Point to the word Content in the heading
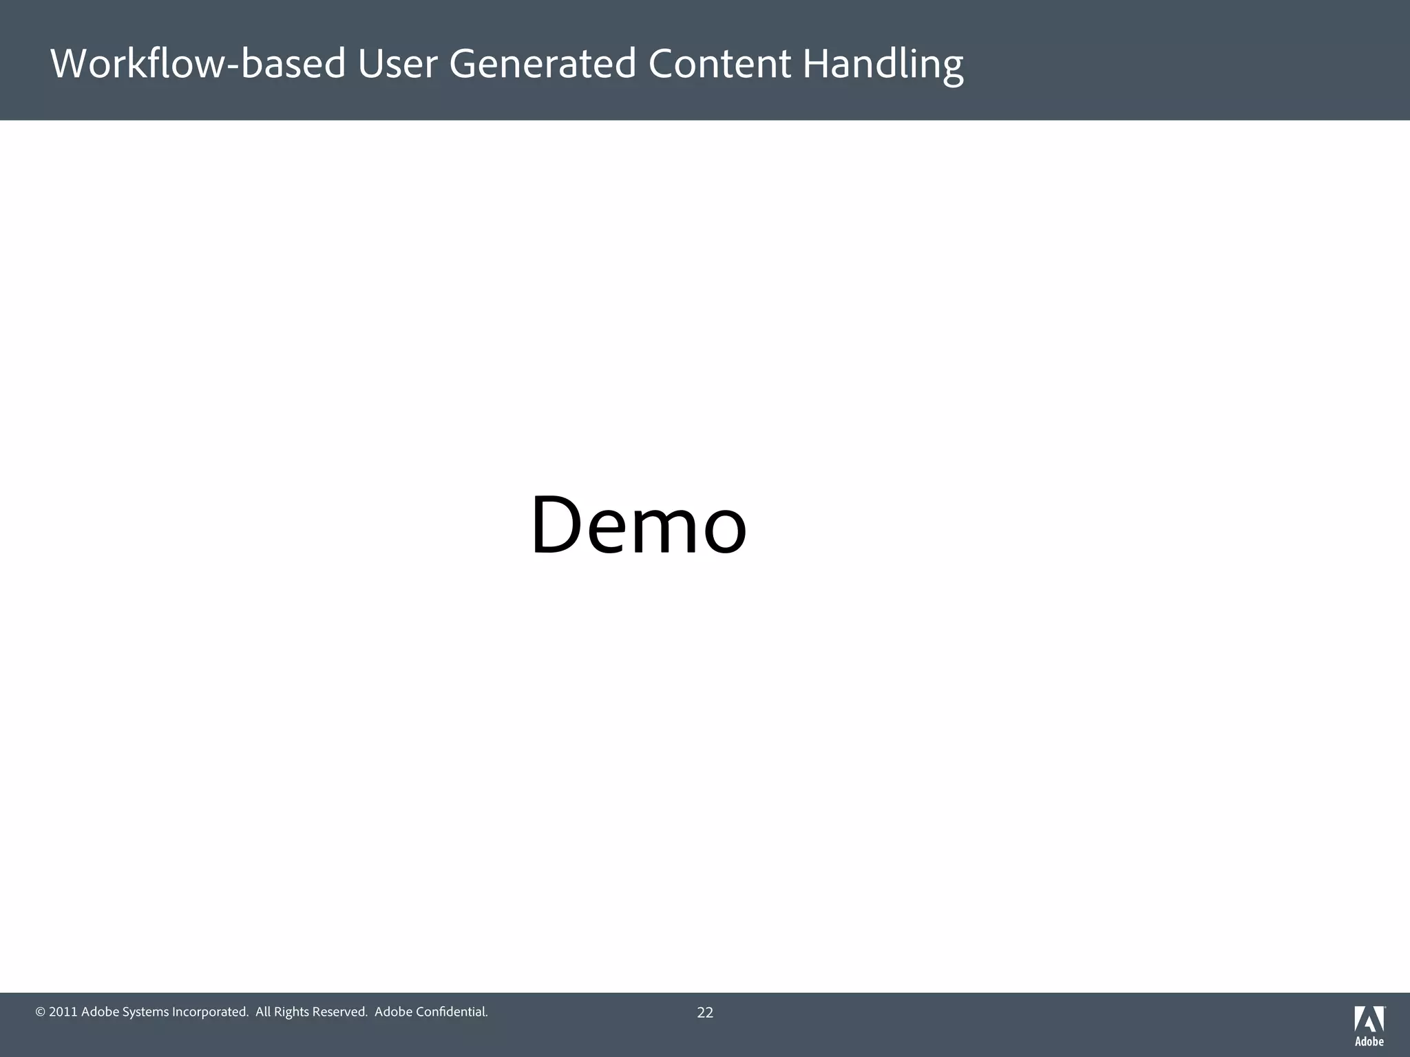(719, 64)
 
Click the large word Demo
(638, 526)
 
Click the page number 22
(705, 1012)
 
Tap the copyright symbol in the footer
(40, 1012)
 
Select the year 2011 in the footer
(63, 1012)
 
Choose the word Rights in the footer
(291, 1012)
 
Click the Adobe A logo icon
(1369, 1019)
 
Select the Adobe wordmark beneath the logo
(1369, 1042)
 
